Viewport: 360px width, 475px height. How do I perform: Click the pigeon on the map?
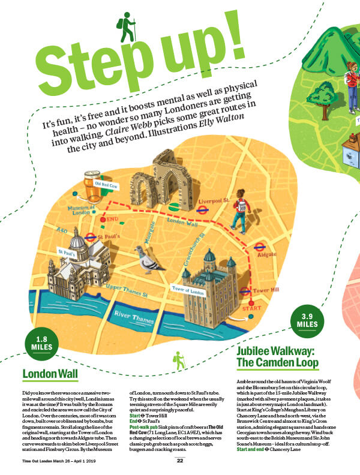click(x=148, y=259)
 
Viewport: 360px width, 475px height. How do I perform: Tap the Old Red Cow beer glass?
click(x=93, y=187)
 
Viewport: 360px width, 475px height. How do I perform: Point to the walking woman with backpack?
click(x=239, y=210)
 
